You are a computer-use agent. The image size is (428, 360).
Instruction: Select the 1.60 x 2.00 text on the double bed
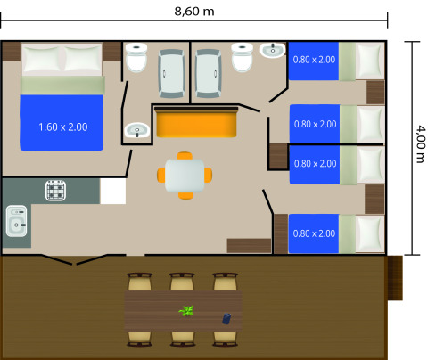(x=63, y=127)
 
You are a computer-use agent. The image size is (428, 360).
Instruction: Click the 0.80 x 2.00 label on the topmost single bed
(x=315, y=60)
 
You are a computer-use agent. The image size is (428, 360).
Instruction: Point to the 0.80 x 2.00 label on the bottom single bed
(x=315, y=233)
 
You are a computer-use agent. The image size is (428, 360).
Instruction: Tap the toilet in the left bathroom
(x=136, y=59)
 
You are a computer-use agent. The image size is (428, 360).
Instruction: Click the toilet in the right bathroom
(x=242, y=59)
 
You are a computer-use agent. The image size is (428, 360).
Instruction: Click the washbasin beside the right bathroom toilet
(x=272, y=50)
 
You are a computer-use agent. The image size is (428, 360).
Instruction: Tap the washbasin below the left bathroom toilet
(x=136, y=131)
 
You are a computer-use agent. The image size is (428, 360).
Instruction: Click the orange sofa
(x=197, y=123)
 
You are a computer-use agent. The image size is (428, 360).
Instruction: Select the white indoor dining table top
(x=185, y=175)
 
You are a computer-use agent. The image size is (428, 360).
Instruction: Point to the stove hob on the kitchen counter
(x=58, y=191)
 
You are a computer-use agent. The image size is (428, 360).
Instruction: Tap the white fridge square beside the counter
(x=112, y=191)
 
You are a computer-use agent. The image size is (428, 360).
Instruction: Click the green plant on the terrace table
(x=185, y=311)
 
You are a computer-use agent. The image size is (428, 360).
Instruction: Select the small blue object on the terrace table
(x=226, y=317)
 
